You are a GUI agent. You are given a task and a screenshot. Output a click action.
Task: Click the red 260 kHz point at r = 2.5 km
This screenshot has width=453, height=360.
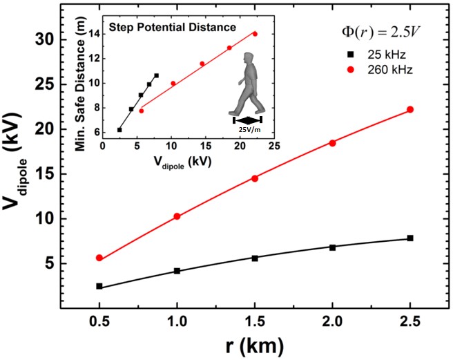[x=410, y=110]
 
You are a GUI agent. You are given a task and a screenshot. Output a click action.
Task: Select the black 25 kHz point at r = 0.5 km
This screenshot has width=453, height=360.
[x=99, y=286]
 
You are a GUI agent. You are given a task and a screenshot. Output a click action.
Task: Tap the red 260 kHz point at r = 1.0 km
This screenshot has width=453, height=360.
[x=177, y=216]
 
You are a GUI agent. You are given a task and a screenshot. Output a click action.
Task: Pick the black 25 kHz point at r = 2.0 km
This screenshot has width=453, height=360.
[x=332, y=247]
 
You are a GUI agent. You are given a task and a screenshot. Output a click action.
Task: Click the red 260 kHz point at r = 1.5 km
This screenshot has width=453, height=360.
[x=255, y=178]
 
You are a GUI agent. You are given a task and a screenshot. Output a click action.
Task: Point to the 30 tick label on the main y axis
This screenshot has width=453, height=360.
[x=45, y=39]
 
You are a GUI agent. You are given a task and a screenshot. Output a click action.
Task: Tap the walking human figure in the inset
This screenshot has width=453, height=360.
[x=247, y=82]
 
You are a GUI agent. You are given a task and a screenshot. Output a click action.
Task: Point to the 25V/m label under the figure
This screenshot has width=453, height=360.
[x=247, y=129]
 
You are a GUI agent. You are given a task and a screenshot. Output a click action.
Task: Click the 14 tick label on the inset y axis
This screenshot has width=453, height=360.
[x=95, y=33]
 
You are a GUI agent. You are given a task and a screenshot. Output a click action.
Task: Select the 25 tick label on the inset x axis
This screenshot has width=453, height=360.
[x=273, y=146]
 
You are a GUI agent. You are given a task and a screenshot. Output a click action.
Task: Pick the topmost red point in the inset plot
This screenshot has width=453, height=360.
[x=255, y=34]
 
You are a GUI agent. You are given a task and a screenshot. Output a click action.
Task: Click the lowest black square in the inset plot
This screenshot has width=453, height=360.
[x=119, y=129]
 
